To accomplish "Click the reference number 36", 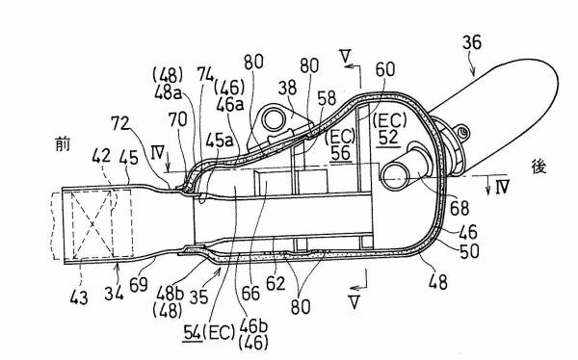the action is pyautogui.click(x=472, y=42).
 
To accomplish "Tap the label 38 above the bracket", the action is pyautogui.click(x=287, y=88).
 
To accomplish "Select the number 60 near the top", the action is pyautogui.click(x=385, y=69).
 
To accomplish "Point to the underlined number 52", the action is pyautogui.click(x=388, y=137).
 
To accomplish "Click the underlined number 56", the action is pyautogui.click(x=340, y=152).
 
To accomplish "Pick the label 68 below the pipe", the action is pyautogui.click(x=460, y=208).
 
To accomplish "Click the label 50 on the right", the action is pyautogui.click(x=470, y=251).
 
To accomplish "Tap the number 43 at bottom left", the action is pyautogui.click(x=79, y=297).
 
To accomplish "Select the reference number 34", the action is pyautogui.click(x=114, y=293).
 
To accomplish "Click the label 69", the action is pyautogui.click(x=139, y=285).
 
